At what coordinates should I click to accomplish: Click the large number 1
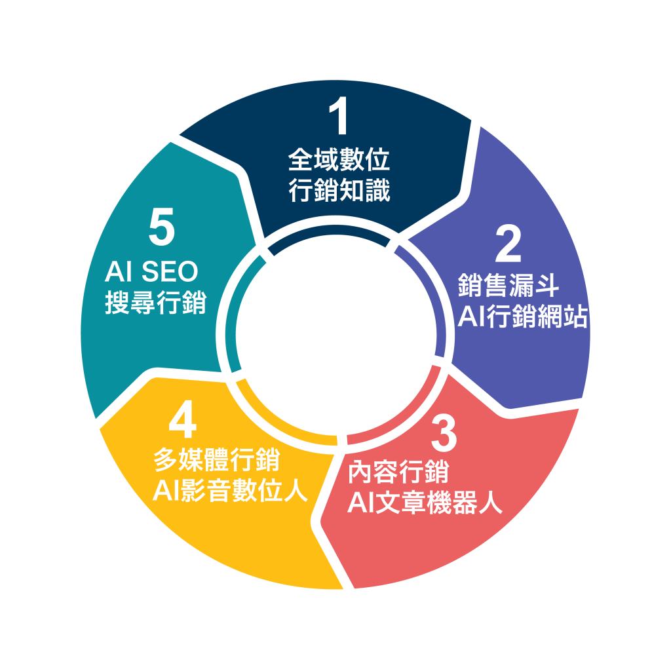coord(339,115)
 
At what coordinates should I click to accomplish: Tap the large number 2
coord(508,244)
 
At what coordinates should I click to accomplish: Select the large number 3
coord(444,434)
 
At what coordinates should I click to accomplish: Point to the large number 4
coord(183,419)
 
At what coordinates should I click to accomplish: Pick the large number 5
coord(162,226)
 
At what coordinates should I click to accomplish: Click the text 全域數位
coord(339,159)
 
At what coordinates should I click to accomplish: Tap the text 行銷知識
coord(339,190)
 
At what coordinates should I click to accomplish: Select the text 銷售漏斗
coord(508,285)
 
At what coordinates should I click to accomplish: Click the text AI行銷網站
coord(522,316)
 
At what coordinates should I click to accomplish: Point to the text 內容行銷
coord(398,472)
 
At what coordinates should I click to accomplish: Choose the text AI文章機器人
coord(425,503)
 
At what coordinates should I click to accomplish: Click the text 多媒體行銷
coord(217,459)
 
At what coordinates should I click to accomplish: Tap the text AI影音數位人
coord(230,490)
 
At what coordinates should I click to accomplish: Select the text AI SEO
coord(151,271)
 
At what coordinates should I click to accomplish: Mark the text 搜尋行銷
coord(156,302)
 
